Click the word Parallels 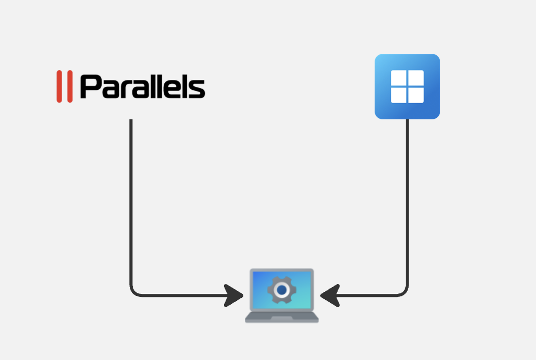143,87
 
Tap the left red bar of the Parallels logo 59,86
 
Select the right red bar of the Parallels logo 70,86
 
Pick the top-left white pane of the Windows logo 398,78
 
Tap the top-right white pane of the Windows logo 416,78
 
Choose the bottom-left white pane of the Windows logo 398,95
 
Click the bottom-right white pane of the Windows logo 416,95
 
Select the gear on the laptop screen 282,290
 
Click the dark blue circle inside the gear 282,290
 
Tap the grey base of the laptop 282,317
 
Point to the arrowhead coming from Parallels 233,295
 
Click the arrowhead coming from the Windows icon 330,295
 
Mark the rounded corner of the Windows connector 404,292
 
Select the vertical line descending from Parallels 131,202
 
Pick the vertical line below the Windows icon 408,202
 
